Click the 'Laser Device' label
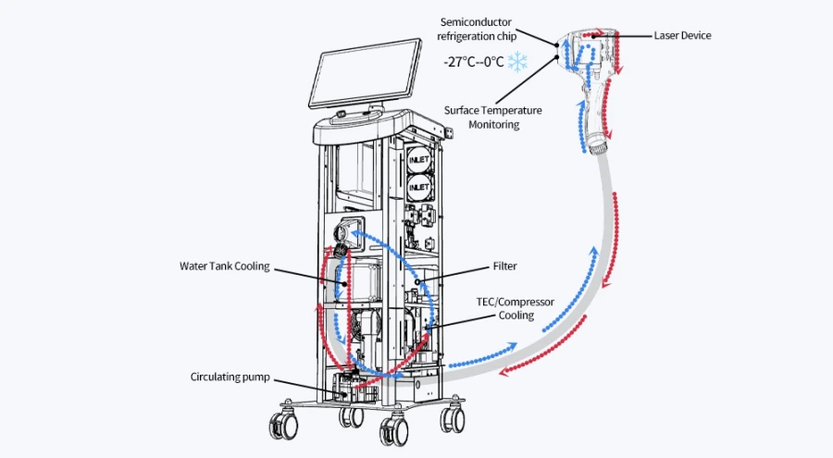[x=682, y=35]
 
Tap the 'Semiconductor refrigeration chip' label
[x=477, y=30]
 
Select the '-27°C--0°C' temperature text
[x=473, y=62]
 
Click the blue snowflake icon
[x=517, y=62]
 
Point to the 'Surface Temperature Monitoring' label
[x=493, y=118]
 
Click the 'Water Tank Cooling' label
[x=225, y=266]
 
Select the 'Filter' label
[x=504, y=266]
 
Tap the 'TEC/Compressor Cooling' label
[x=516, y=309]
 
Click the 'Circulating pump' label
[x=230, y=378]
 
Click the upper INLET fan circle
[x=419, y=159]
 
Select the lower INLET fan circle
[x=419, y=187]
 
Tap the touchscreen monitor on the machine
[x=366, y=73]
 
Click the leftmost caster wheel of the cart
[x=283, y=425]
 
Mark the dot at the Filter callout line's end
[x=418, y=281]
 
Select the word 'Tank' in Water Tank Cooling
[x=221, y=266]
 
